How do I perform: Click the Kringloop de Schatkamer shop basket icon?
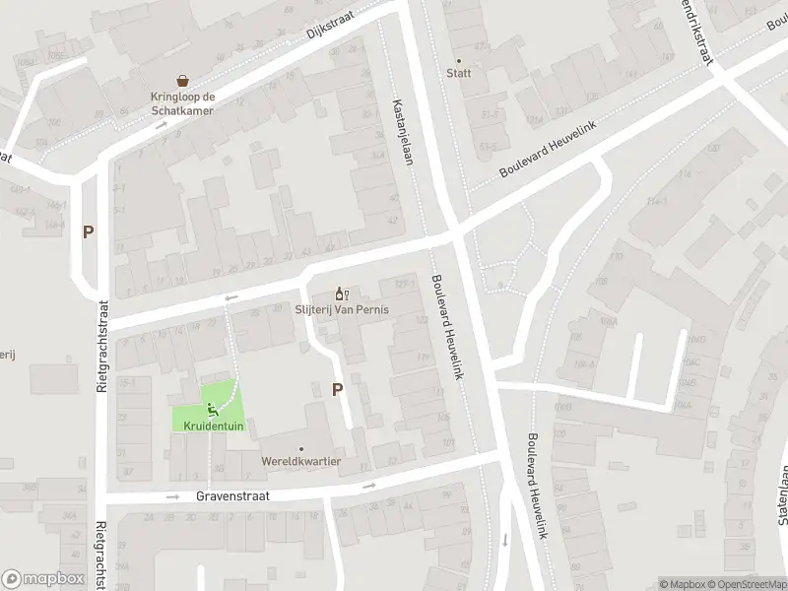182,81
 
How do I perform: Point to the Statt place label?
458,73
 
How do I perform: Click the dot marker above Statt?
458,59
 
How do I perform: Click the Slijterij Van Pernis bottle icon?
342,293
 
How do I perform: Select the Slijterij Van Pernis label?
342,309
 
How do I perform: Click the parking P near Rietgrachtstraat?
88,232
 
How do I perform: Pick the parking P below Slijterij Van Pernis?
337,389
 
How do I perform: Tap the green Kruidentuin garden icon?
210,409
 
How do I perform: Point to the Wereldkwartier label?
301,461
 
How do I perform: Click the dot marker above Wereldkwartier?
301,448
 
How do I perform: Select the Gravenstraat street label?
231,497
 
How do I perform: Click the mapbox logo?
42,579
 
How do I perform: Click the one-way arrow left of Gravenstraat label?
172,497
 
